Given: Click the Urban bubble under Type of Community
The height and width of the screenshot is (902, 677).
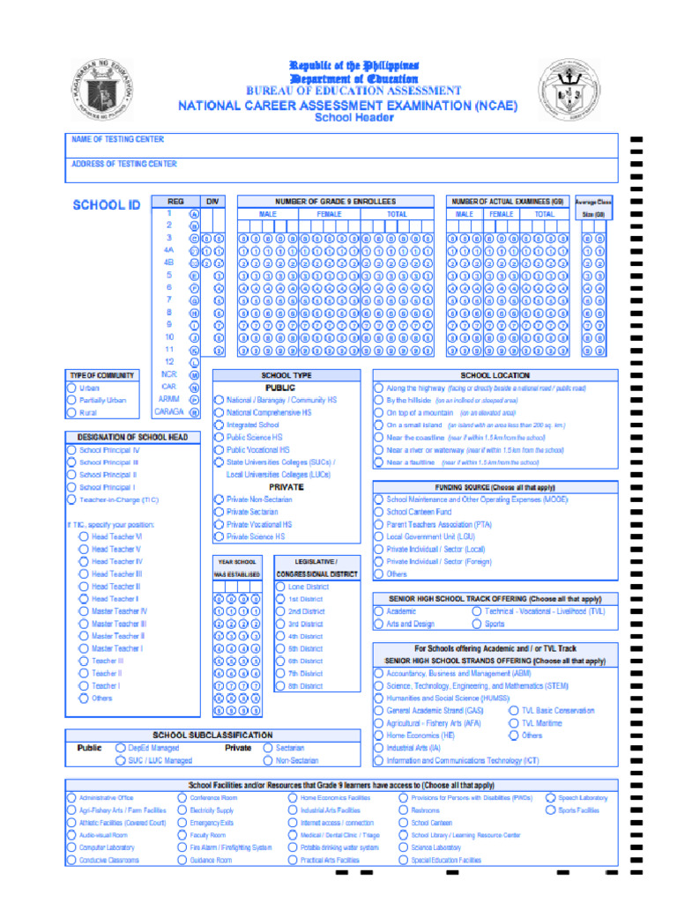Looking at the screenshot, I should click(71, 388).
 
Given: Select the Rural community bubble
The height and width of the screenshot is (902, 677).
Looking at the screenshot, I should click(71, 412).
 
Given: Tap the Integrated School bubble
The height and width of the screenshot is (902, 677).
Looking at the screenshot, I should click(219, 425).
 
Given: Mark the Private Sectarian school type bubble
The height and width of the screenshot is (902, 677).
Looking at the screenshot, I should click(219, 512).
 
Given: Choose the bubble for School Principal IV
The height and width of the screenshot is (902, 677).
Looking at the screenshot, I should click(71, 450).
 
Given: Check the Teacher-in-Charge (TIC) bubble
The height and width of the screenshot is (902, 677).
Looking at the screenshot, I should click(71, 499).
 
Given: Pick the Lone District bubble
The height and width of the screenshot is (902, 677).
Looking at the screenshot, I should click(280, 587).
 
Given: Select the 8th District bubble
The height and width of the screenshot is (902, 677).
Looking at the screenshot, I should click(280, 686).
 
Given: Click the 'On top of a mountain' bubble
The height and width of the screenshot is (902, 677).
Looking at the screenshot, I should click(378, 412).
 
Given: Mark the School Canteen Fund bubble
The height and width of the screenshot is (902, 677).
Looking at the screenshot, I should click(378, 512).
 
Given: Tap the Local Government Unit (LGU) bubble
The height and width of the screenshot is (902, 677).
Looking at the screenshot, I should click(378, 536).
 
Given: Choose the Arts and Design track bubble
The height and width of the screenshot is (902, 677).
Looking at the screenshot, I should click(378, 624).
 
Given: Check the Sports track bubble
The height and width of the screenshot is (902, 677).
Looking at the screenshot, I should click(476, 624).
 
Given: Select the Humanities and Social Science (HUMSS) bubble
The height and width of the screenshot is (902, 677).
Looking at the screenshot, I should click(378, 698).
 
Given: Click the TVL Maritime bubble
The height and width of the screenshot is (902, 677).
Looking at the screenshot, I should click(513, 723).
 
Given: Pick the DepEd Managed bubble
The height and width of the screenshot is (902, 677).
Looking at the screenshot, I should click(121, 748).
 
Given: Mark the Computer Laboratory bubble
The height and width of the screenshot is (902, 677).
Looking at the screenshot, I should click(71, 847).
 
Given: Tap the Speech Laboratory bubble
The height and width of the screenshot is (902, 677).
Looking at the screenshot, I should click(550, 798).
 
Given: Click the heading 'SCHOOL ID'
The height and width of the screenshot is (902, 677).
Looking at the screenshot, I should click(106, 205).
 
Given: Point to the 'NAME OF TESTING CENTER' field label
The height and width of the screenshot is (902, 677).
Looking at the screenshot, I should click(118, 139).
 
